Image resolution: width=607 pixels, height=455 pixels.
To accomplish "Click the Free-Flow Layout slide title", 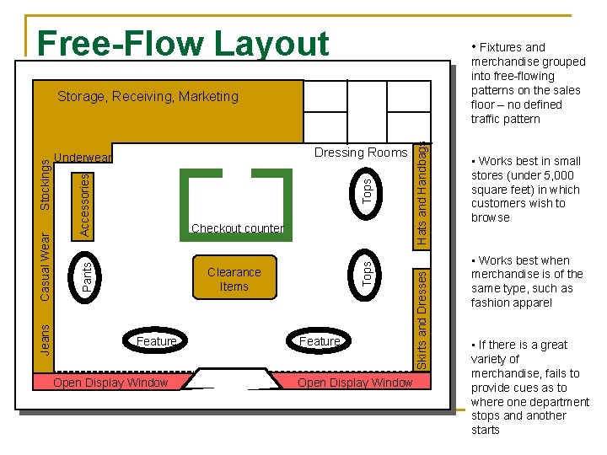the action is pos(183,44).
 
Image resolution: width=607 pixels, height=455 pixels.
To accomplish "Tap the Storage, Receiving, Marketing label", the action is pos(148,96).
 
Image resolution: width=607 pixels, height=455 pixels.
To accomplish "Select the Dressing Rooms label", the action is pos(360,153).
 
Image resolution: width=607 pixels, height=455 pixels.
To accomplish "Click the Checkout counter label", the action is pos(237,228).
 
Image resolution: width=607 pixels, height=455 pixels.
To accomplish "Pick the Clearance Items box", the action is pos(234,278).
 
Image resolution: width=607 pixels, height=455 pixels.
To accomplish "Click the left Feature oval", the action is pos(156,341).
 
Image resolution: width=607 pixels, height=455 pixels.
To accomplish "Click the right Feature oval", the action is pos(320,341).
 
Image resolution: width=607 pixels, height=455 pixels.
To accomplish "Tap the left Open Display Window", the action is pos(110,383).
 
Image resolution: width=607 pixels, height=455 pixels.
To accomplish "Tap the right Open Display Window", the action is pos(355,383).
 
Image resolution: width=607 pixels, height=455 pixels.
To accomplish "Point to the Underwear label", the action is pos(83,158).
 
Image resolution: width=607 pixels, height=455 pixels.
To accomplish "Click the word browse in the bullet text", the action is pos(490,217).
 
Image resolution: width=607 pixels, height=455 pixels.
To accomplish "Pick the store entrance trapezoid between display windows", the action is pos(233,378).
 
